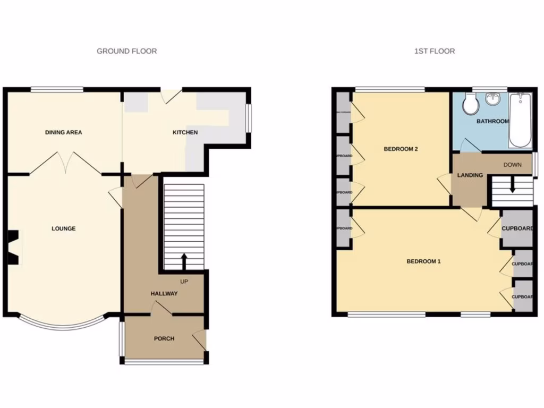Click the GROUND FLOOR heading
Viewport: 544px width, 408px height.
(x=126, y=51)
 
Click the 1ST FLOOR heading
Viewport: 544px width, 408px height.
(x=434, y=51)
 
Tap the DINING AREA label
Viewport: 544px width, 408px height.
(x=63, y=132)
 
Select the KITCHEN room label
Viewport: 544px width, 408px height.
(x=185, y=132)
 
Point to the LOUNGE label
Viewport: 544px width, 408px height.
(x=63, y=228)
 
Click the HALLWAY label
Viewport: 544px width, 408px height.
(x=164, y=293)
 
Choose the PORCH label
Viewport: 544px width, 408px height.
(x=164, y=338)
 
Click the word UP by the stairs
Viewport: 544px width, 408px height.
(x=184, y=281)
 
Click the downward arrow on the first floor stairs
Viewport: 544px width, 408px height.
(x=512, y=186)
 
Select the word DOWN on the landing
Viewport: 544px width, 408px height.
(x=512, y=165)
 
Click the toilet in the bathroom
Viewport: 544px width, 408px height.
(x=470, y=104)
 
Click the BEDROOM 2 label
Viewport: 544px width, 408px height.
(x=401, y=149)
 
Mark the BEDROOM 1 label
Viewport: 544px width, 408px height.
(x=423, y=261)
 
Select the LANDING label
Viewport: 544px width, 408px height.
(x=470, y=175)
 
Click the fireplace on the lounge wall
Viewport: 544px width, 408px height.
(x=13, y=246)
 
